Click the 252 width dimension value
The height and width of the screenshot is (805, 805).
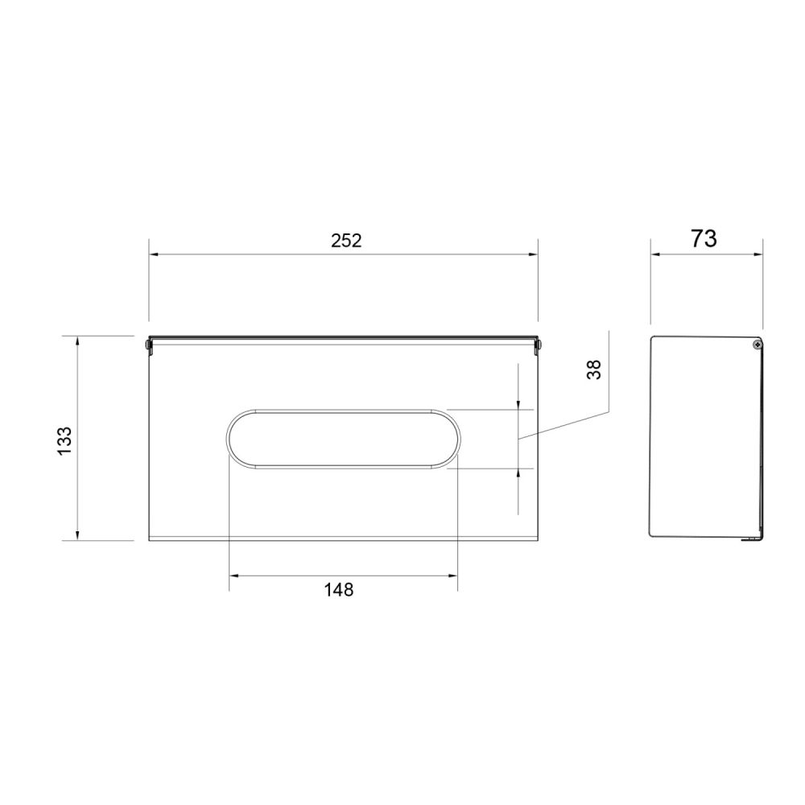(x=346, y=240)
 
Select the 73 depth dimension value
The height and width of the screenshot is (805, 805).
(x=704, y=239)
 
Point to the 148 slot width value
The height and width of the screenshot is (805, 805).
(x=339, y=590)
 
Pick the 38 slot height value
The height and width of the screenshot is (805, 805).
(x=593, y=369)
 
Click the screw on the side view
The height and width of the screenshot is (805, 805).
(x=758, y=345)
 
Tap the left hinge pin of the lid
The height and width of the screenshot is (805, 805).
(x=148, y=345)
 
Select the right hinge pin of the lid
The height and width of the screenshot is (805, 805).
(x=539, y=345)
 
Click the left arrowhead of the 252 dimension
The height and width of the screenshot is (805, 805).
(x=154, y=254)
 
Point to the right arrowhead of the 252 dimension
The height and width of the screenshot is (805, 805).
(x=532, y=254)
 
